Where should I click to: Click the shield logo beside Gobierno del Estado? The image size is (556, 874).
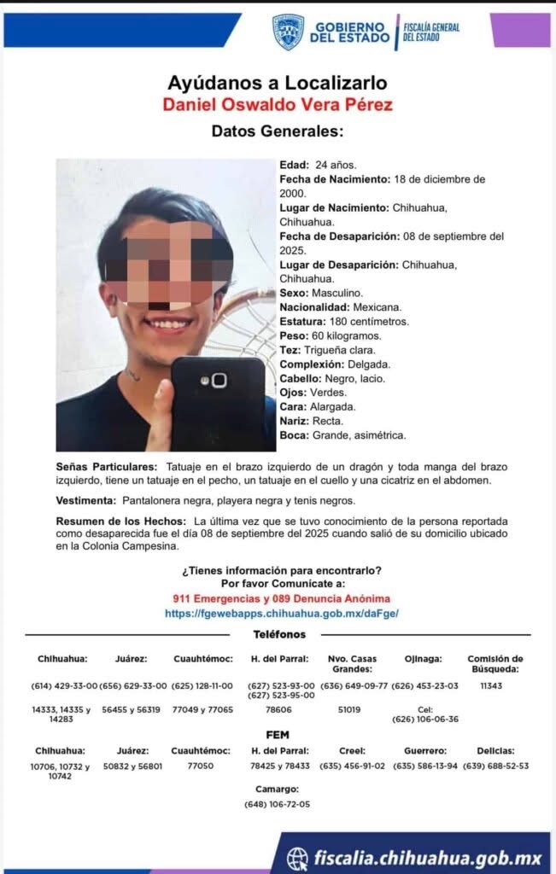click(288, 32)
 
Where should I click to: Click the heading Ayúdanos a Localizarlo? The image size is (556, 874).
click(278, 83)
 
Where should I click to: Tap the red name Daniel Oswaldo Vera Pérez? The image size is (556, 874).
click(278, 104)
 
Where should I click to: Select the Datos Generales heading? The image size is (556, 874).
click(278, 131)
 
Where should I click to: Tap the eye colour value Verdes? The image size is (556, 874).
click(329, 392)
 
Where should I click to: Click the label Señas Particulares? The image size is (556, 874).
click(107, 467)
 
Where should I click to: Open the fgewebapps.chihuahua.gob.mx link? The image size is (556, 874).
click(281, 613)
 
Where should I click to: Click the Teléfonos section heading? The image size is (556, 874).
click(279, 634)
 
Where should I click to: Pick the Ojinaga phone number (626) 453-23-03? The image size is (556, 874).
click(424, 685)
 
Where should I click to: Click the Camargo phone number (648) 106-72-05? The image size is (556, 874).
click(277, 804)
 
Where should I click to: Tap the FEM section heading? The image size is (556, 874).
click(278, 734)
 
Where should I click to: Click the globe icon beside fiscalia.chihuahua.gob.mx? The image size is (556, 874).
click(297, 857)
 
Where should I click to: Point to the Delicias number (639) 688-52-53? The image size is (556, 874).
click(495, 766)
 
